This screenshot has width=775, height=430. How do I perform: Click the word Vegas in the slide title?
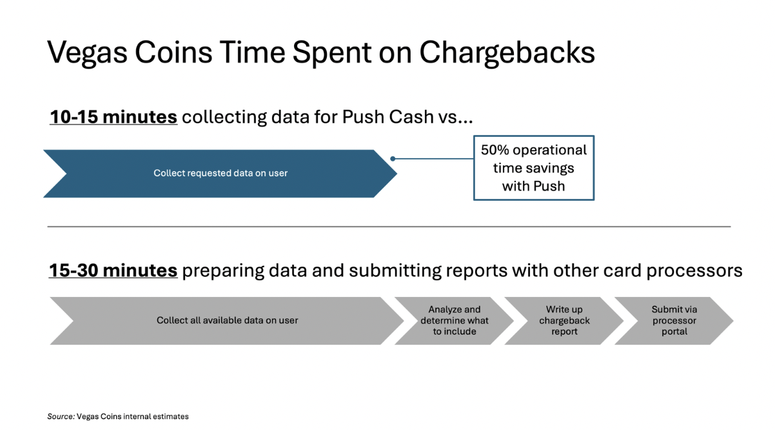(x=87, y=54)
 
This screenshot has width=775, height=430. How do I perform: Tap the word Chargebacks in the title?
(x=507, y=54)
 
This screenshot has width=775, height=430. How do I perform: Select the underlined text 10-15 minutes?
(x=113, y=117)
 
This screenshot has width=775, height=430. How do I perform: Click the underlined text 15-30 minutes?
(x=113, y=271)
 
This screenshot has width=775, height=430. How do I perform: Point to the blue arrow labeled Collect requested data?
(x=221, y=174)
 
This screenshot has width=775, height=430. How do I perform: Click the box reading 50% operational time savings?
(x=534, y=168)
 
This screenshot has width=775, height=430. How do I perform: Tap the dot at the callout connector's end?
(x=393, y=159)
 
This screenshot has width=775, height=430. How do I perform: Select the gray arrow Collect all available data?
(x=227, y=320)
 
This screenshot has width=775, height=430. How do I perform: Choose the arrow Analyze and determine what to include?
(x=455, y=320)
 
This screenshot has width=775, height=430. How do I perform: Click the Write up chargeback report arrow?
(x=564, y=320)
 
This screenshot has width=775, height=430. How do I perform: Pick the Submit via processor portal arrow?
(x=674, y=320)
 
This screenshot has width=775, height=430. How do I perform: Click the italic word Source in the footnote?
(x=61, y=416)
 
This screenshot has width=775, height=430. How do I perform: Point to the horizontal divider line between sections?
(x=389, y=227)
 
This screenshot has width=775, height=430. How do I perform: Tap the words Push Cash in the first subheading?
(x=387, y=117)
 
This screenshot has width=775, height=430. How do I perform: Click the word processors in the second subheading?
(x=694, y=271)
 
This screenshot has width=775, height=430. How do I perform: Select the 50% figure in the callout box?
(x=495, y=150)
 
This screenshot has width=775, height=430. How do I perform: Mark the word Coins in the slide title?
(x=173, y=54)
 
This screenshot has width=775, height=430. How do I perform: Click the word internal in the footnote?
(x=137, y=416)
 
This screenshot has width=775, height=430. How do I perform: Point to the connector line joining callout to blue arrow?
(x=433, y=159)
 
